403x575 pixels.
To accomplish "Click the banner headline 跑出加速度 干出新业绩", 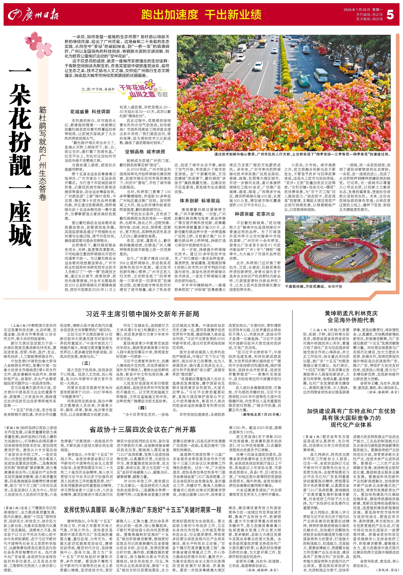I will (x=201, y=15).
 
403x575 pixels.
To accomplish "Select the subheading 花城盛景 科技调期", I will (x=90, y=112).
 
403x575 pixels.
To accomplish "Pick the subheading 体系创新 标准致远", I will (x=200, y=201).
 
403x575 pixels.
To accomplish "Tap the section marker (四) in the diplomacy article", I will (x=142, y=408).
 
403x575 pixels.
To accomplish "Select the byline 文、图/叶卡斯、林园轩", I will (x=98, y=89).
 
